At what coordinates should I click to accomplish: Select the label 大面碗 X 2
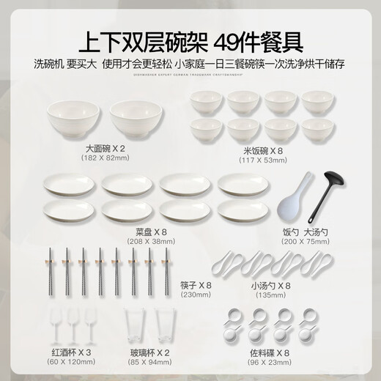tap(106, 148)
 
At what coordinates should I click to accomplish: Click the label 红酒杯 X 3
tap(70, 351)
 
